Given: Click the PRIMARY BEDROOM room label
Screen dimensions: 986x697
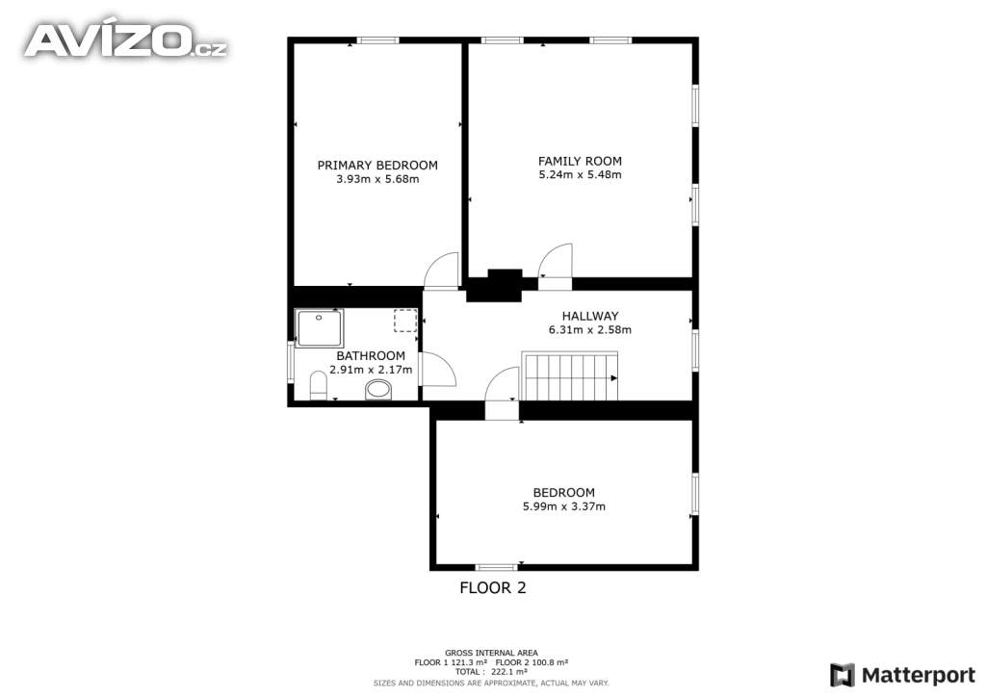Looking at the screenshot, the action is point(377,166).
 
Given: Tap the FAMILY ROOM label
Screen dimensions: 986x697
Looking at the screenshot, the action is point(580,161).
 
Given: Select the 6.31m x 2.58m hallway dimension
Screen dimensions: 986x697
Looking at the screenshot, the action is point(590,329).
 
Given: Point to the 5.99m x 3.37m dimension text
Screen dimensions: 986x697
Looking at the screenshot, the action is point(564,506).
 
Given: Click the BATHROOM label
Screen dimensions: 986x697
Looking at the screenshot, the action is point(371,356).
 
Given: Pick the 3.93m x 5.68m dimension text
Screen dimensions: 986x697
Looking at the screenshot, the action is point(377,179).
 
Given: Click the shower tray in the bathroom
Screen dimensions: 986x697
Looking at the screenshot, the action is point(320,328).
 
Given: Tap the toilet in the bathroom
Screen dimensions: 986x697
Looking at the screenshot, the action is point(319,385).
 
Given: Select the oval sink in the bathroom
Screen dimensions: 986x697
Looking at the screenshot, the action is point(378,390).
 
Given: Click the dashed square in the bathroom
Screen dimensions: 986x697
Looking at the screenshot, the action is point(405,321).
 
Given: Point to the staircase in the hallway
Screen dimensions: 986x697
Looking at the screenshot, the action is point(570,375).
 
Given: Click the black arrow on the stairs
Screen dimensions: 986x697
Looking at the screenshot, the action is point(613,377).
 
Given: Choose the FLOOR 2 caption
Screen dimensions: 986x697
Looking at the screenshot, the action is point(492,587).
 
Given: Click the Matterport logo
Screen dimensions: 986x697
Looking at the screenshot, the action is point(902,675).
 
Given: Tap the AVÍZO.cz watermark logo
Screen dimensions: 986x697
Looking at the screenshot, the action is point(126,40).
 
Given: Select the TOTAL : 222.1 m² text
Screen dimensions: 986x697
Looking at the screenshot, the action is point(491,672).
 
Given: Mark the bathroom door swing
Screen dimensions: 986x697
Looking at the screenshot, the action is point(438,369).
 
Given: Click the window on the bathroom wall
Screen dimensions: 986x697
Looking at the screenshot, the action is point(291,361).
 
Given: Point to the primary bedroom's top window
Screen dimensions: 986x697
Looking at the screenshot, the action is point(377,40).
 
